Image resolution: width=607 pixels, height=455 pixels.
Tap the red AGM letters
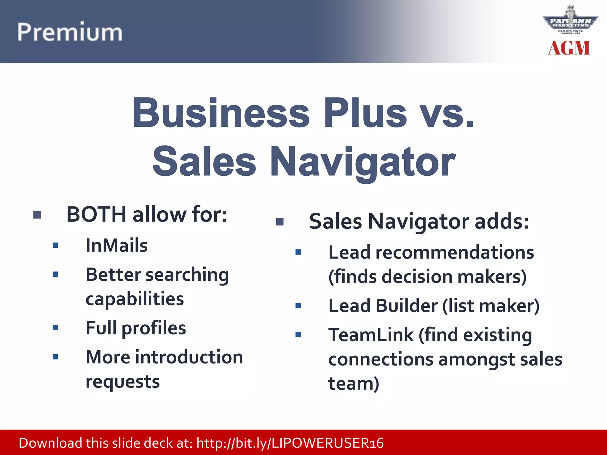[x=568, y=48]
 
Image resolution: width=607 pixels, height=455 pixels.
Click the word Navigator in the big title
[x=363, y=162]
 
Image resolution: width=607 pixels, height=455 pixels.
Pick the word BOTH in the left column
[x=97, y=214]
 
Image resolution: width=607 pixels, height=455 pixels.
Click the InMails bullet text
[x=116, y=246]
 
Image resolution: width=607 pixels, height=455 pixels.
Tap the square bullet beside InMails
[x=55, y=245]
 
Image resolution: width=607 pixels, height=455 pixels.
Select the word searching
[x=187, y=275]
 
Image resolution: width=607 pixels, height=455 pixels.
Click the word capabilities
[x=135, y=299]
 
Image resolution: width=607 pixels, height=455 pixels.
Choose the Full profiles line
[x=136, y=328]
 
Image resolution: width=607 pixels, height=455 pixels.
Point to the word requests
[x=123, y=382]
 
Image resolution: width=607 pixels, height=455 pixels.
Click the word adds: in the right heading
[x=502, y=221]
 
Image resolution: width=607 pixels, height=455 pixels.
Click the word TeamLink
[x=371, y=335]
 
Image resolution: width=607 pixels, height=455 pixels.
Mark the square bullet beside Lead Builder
[x=298, y=306]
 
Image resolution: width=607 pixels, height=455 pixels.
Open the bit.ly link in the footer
[x=290, y=443]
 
